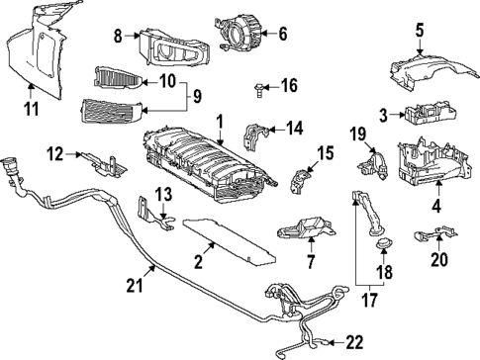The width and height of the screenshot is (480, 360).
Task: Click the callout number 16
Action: pyautogui.click(x=289, y=85)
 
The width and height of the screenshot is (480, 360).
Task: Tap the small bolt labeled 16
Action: pyautogui.click(x=258, y=90)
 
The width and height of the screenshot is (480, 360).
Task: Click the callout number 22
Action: pyautogui.click(x=354, y=342)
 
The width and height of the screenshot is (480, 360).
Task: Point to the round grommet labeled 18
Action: pyautogui.click(x=383, y=243)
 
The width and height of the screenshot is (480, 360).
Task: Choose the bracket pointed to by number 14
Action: pyautogui.click(x=255, y=135)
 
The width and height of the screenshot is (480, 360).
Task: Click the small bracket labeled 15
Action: pyautogui.click(x=300, y=180)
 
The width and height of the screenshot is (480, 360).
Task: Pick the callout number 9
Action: pyautogui.click(x=197, y=97)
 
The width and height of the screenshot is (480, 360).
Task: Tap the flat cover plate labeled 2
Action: pyautogui.click(x=229, y=241)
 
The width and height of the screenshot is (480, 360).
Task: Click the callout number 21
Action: pyautogui.click(x=135, y=285)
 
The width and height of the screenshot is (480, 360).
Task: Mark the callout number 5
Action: pyautogui.click(x=419, y=31)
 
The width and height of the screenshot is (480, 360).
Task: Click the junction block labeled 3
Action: pyautogui.click(x=430, y=113)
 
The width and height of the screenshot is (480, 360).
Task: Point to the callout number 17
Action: pyautogui.click(x=369, y=300)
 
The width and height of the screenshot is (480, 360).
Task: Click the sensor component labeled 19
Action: pyautogui.click(x=373, y=165)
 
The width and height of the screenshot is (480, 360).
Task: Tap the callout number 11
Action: pyautogui.click(x=32, y=109)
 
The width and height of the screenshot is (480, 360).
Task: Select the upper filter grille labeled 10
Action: pyautogui.click(x=118, y=77)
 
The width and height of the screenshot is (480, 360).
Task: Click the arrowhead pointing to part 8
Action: pyautogui.click(x=138, y=36)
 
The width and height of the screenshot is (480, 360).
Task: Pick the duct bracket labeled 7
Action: pyautogui.click(x=307, y=228)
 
